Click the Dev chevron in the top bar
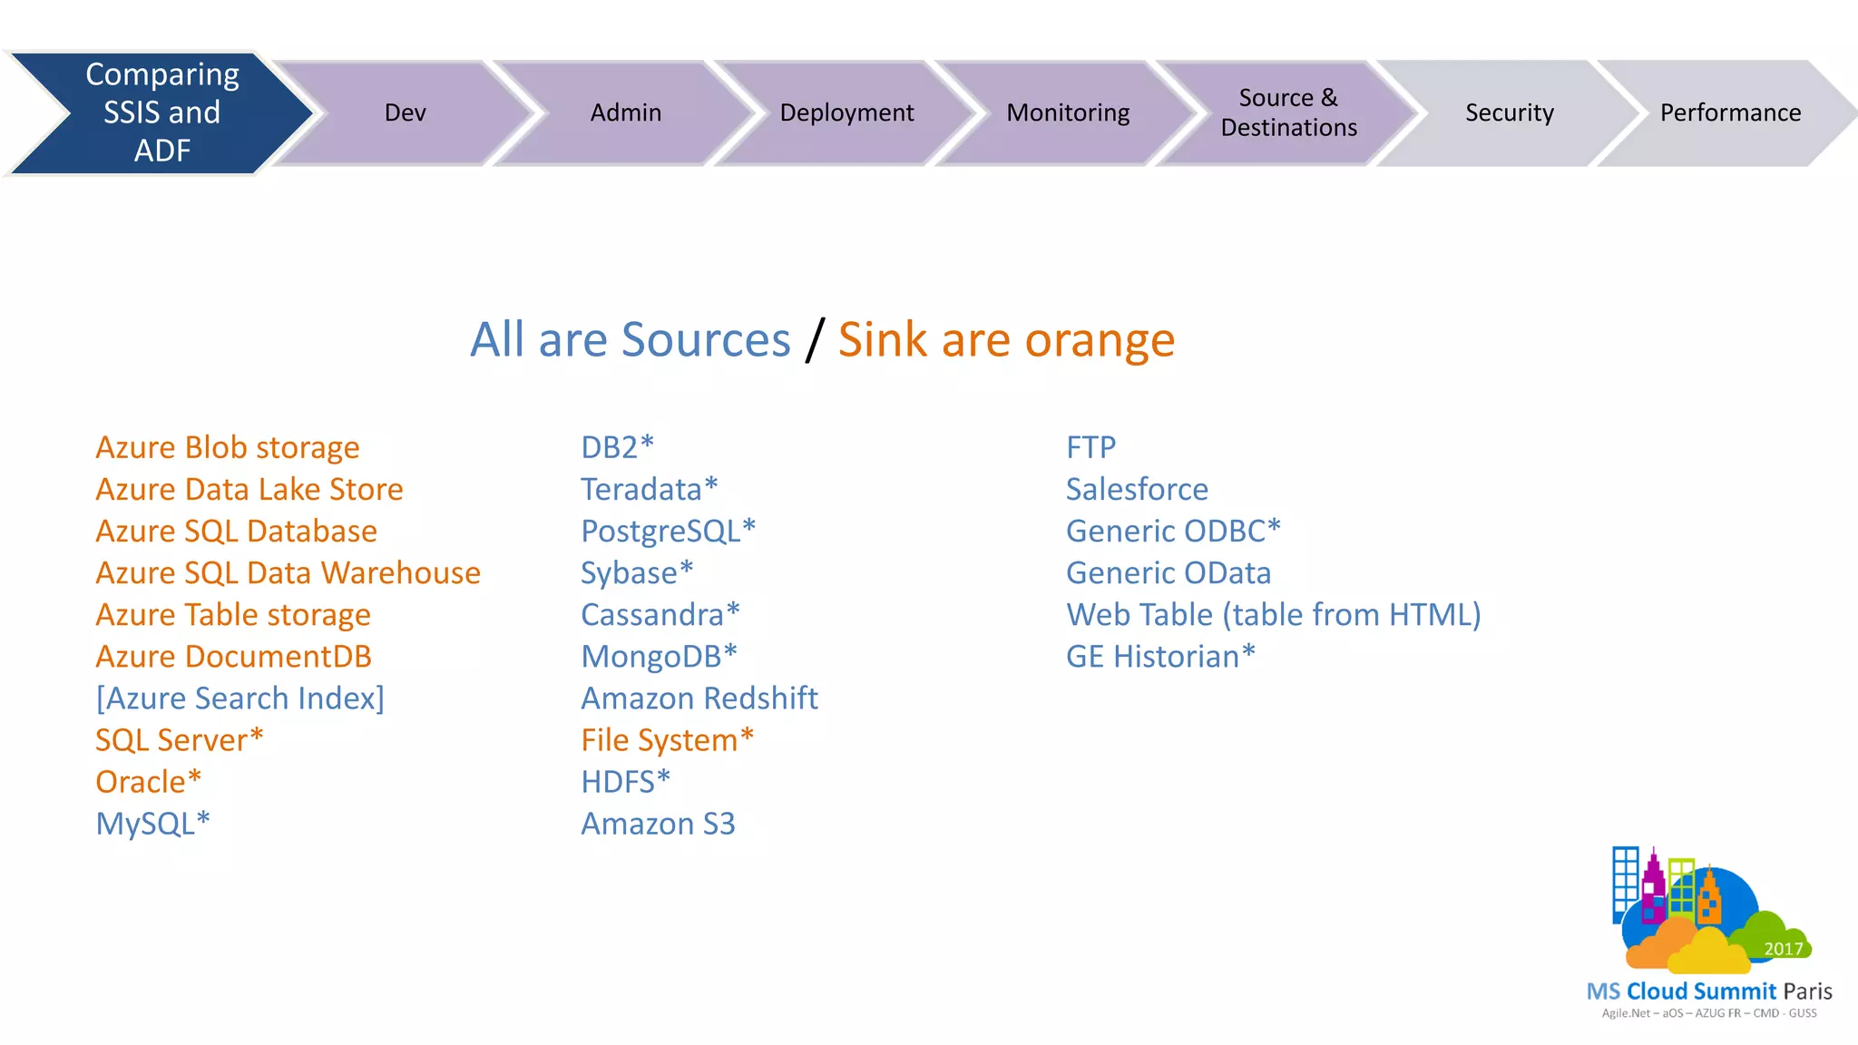[405, 112]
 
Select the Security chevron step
[1509, 112]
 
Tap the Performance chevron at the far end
[1730, 112]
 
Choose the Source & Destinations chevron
[1288, 112]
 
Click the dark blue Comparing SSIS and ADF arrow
[161, 112]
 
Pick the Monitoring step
[1068, 112]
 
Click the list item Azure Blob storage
[228, 447]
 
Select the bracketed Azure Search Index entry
[240, 698]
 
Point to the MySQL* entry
[152, 823]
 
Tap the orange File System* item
[668, 739]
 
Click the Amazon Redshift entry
[699, 698]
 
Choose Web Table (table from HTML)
[1273, 614]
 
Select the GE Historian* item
[1160, 656]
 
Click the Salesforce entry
[1137, 489]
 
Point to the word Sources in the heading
[706, 340]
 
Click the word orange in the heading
[1100, 340]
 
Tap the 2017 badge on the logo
[1783, 949]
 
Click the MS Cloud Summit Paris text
[1709, 991]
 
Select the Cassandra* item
[660, 614]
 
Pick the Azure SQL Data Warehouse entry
[288, 572]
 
